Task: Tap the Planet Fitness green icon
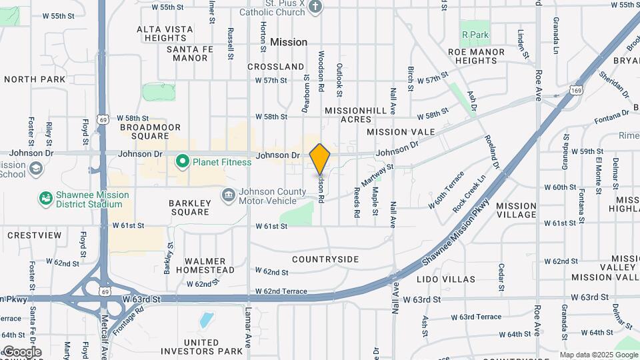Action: tap(181, 162)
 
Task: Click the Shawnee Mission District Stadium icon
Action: tap(45, 199)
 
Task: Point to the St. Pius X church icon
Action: tap(316, 7)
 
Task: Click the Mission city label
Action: tap(289, 42)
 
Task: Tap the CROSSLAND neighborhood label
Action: tap(275, 67)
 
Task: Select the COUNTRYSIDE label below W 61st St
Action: tap(325, 259)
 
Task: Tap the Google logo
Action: tap(22, 351)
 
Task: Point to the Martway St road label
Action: tap(378, 177)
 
